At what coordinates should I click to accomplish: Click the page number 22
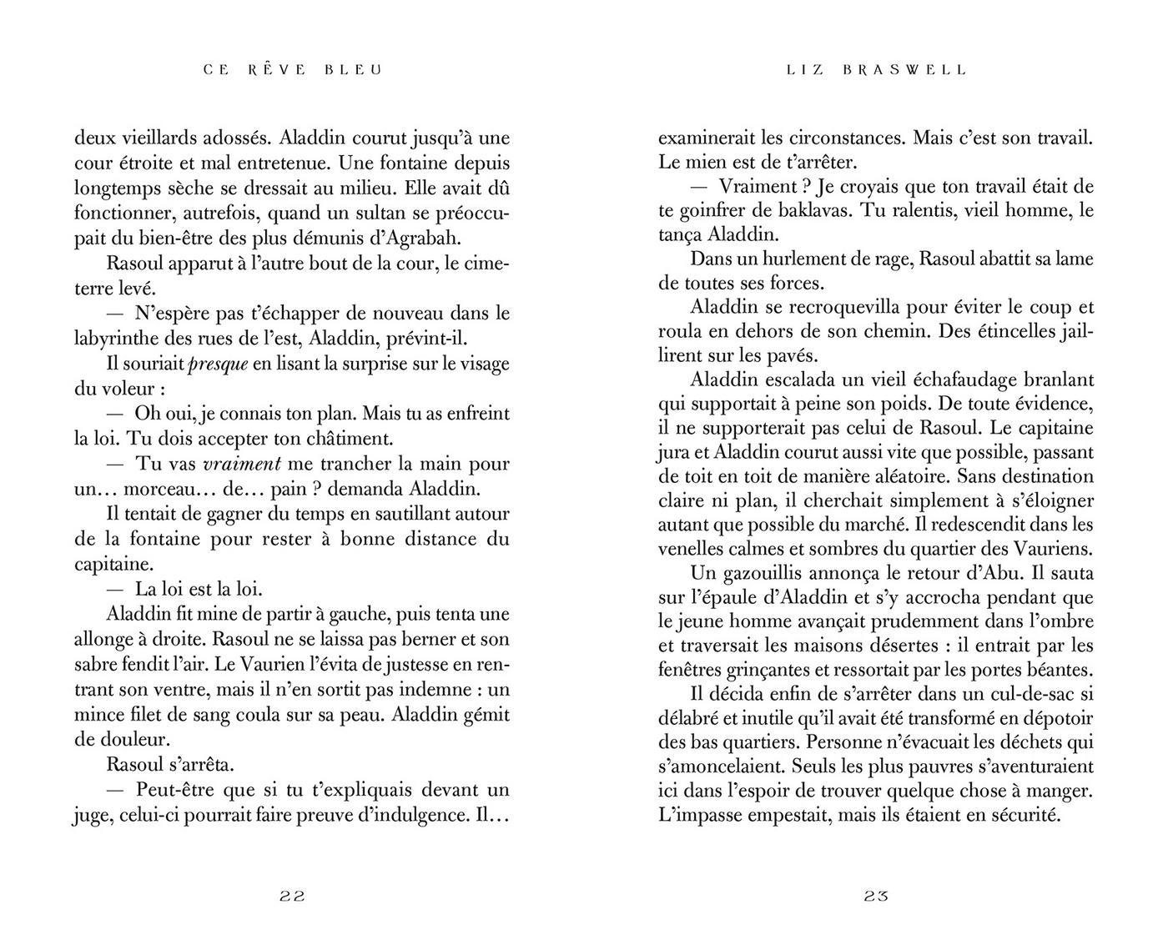click(292, 897)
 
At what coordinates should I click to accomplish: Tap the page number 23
click(876, 897)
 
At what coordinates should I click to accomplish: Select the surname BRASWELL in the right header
click(904, 70)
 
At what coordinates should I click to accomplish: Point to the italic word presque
click(219, 364)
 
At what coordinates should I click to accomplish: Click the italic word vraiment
click(242, 464)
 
